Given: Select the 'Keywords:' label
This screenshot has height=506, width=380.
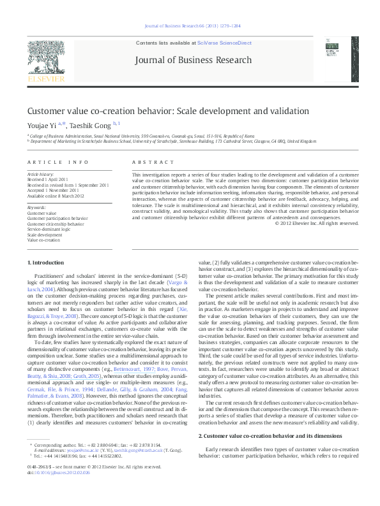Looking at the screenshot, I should click(37, 208).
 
